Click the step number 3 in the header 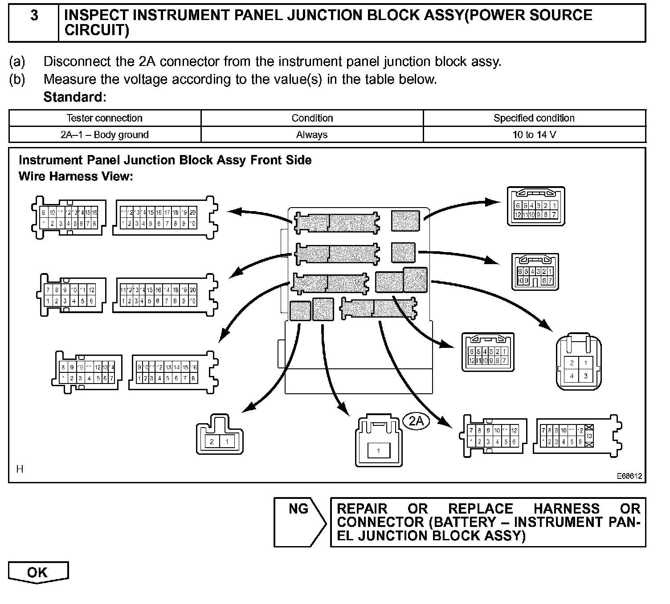pos(34,16)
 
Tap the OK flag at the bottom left pos(38,572)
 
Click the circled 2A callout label pos(416,421)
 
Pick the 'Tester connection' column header pos(105,118)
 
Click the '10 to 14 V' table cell pos(534,135)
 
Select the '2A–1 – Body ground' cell pos(105,135)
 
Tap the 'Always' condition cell pos(312,135)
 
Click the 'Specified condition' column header pos(534,118)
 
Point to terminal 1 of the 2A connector pos(378,451)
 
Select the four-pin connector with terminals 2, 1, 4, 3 pos(578,369)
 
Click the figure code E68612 pos(629,476)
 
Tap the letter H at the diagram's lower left pos(20,469)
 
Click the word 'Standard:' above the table pos(75,97)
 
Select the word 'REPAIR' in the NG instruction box pos(362,509)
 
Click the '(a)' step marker pos(17,61)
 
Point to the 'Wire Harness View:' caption pos(76,176)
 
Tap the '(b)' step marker pos(17,79)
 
